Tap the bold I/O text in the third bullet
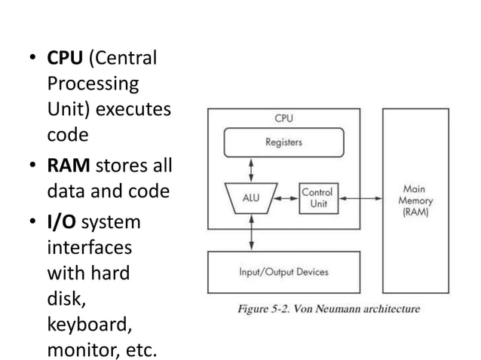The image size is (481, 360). (63, 224)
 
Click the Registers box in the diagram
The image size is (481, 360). (283, 141)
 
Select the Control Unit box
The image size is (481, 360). (317, 198)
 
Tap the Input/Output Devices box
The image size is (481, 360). (283, 272)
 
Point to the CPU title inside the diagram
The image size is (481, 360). (283, 118)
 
